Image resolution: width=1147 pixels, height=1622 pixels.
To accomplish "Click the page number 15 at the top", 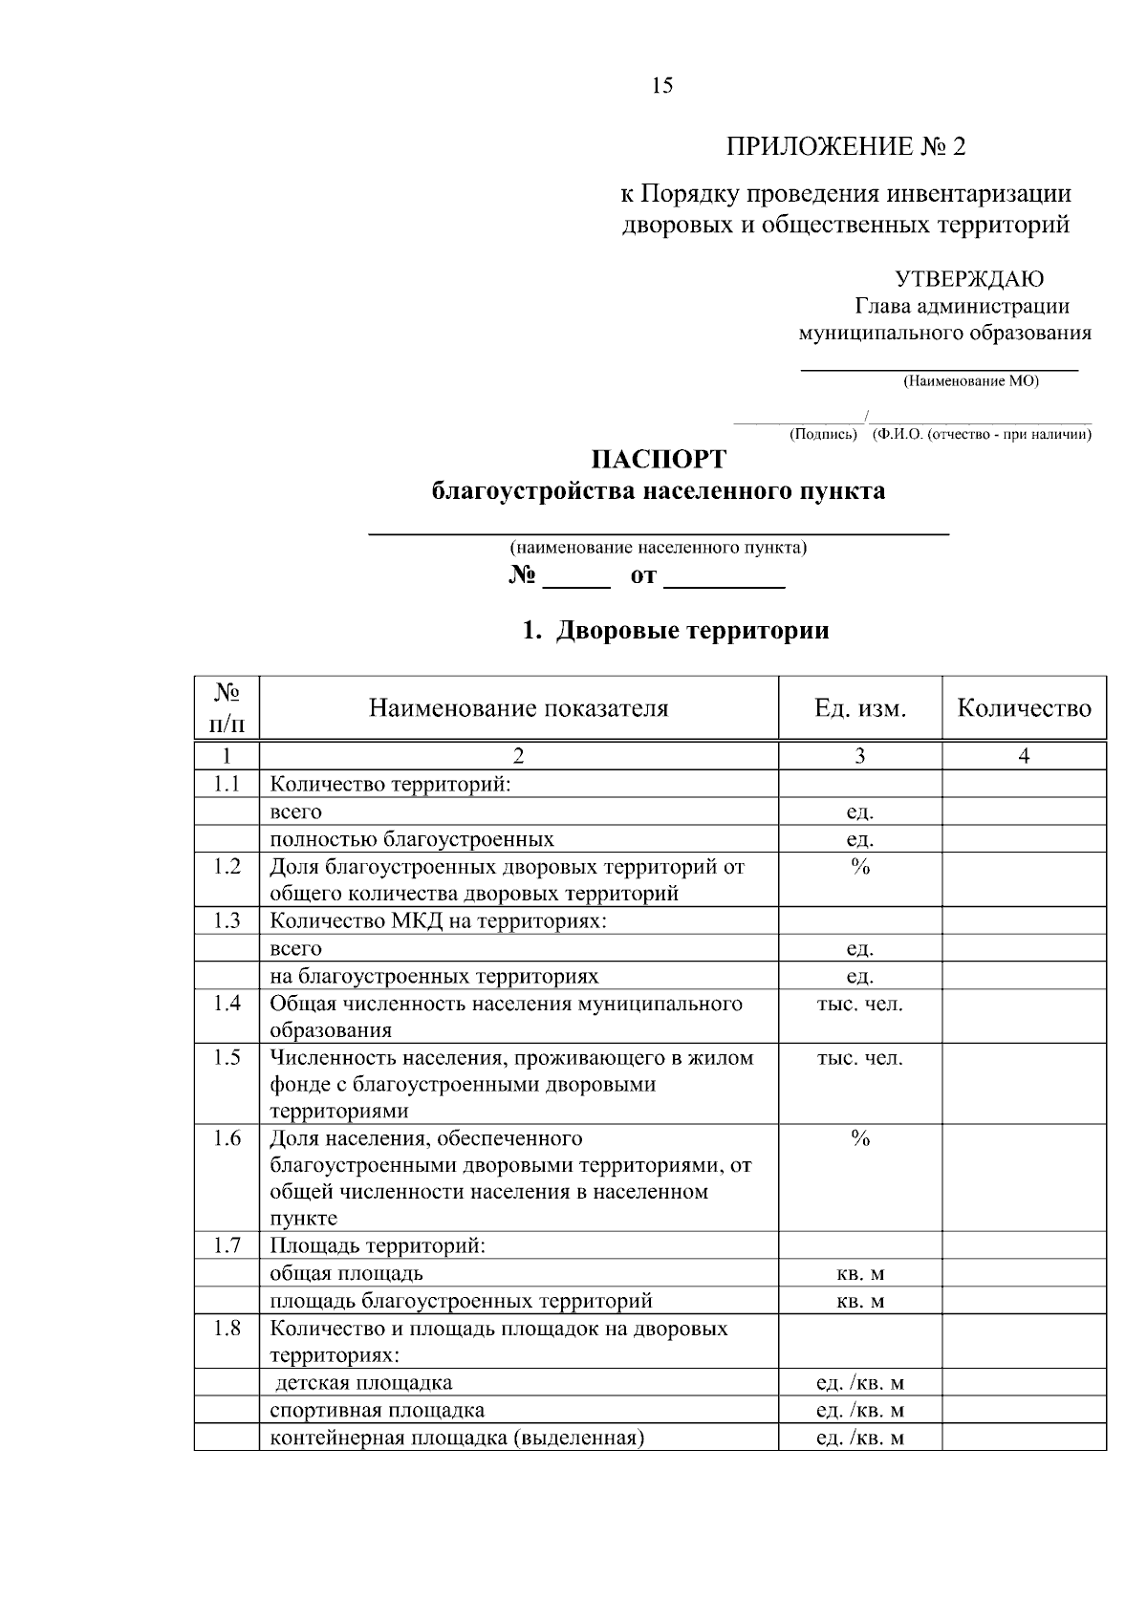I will click(661, 86).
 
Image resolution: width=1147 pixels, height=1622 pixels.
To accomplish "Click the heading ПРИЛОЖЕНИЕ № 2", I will click(846, 146).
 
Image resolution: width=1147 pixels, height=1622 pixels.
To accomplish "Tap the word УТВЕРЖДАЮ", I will click(969, 279).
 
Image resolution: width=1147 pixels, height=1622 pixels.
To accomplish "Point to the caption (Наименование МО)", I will click(970, 381).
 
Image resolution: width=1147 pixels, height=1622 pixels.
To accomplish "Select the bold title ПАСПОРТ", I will click(659, 459).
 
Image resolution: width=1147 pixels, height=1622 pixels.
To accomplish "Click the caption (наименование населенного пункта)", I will click(658, 548).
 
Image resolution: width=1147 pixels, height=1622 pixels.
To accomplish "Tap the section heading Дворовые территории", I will click(692, 631).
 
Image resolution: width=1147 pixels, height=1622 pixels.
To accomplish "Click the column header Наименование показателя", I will click(518, 708).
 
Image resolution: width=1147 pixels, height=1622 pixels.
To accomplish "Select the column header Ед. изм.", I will click(859, 708).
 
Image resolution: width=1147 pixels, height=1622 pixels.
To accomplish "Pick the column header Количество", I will click(1024, 708).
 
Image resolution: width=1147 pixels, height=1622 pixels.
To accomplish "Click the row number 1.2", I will click(227, 867).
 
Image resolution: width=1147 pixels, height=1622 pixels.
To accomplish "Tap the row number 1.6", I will click(227, 1138).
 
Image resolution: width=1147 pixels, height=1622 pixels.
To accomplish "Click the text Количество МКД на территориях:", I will click(439, 921).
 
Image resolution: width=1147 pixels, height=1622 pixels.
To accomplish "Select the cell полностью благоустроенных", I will click(412, 839).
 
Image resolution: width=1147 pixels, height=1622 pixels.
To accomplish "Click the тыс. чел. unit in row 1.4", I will click(859, 1004).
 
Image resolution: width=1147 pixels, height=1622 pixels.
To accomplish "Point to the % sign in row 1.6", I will click(859, 1138).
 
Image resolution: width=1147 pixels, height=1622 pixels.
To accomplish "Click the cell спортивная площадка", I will click(377, 1410).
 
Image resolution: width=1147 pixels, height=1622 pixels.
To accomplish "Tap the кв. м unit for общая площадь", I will click(859, 1274).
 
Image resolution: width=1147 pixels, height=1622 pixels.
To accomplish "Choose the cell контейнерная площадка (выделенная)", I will click(457, 1438).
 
